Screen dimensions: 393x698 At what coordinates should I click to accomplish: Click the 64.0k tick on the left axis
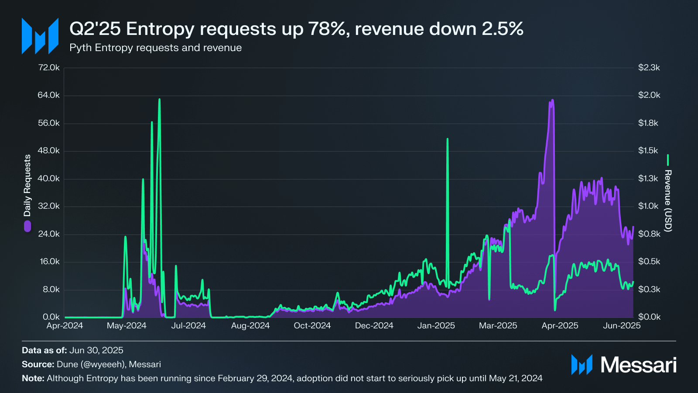coord(48,95)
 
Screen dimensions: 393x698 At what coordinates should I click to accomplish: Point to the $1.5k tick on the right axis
coord(648,151)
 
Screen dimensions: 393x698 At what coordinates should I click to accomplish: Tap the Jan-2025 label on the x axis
coord(436,326)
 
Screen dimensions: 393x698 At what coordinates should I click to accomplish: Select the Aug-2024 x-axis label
coord(250,326)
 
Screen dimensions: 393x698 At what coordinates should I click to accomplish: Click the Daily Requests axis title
coord(27,186)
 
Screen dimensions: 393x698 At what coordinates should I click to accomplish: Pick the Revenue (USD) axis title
coord(668,201)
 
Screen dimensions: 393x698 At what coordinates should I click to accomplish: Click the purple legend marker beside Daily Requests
coord(27,226)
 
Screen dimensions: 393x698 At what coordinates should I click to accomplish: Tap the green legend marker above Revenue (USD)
coord(668,160)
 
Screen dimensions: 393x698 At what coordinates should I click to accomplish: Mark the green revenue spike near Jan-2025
coord(448,139)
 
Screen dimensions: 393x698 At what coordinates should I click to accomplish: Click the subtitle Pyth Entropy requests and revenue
coord(156,48)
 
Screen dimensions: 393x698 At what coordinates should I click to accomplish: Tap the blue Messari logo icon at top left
coord(40,36)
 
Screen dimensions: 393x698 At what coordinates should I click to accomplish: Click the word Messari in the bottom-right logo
coord(638,365)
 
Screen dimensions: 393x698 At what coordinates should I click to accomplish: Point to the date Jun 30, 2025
coord(96,350)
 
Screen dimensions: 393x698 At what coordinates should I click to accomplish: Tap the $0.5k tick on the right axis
coord(649,262)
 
